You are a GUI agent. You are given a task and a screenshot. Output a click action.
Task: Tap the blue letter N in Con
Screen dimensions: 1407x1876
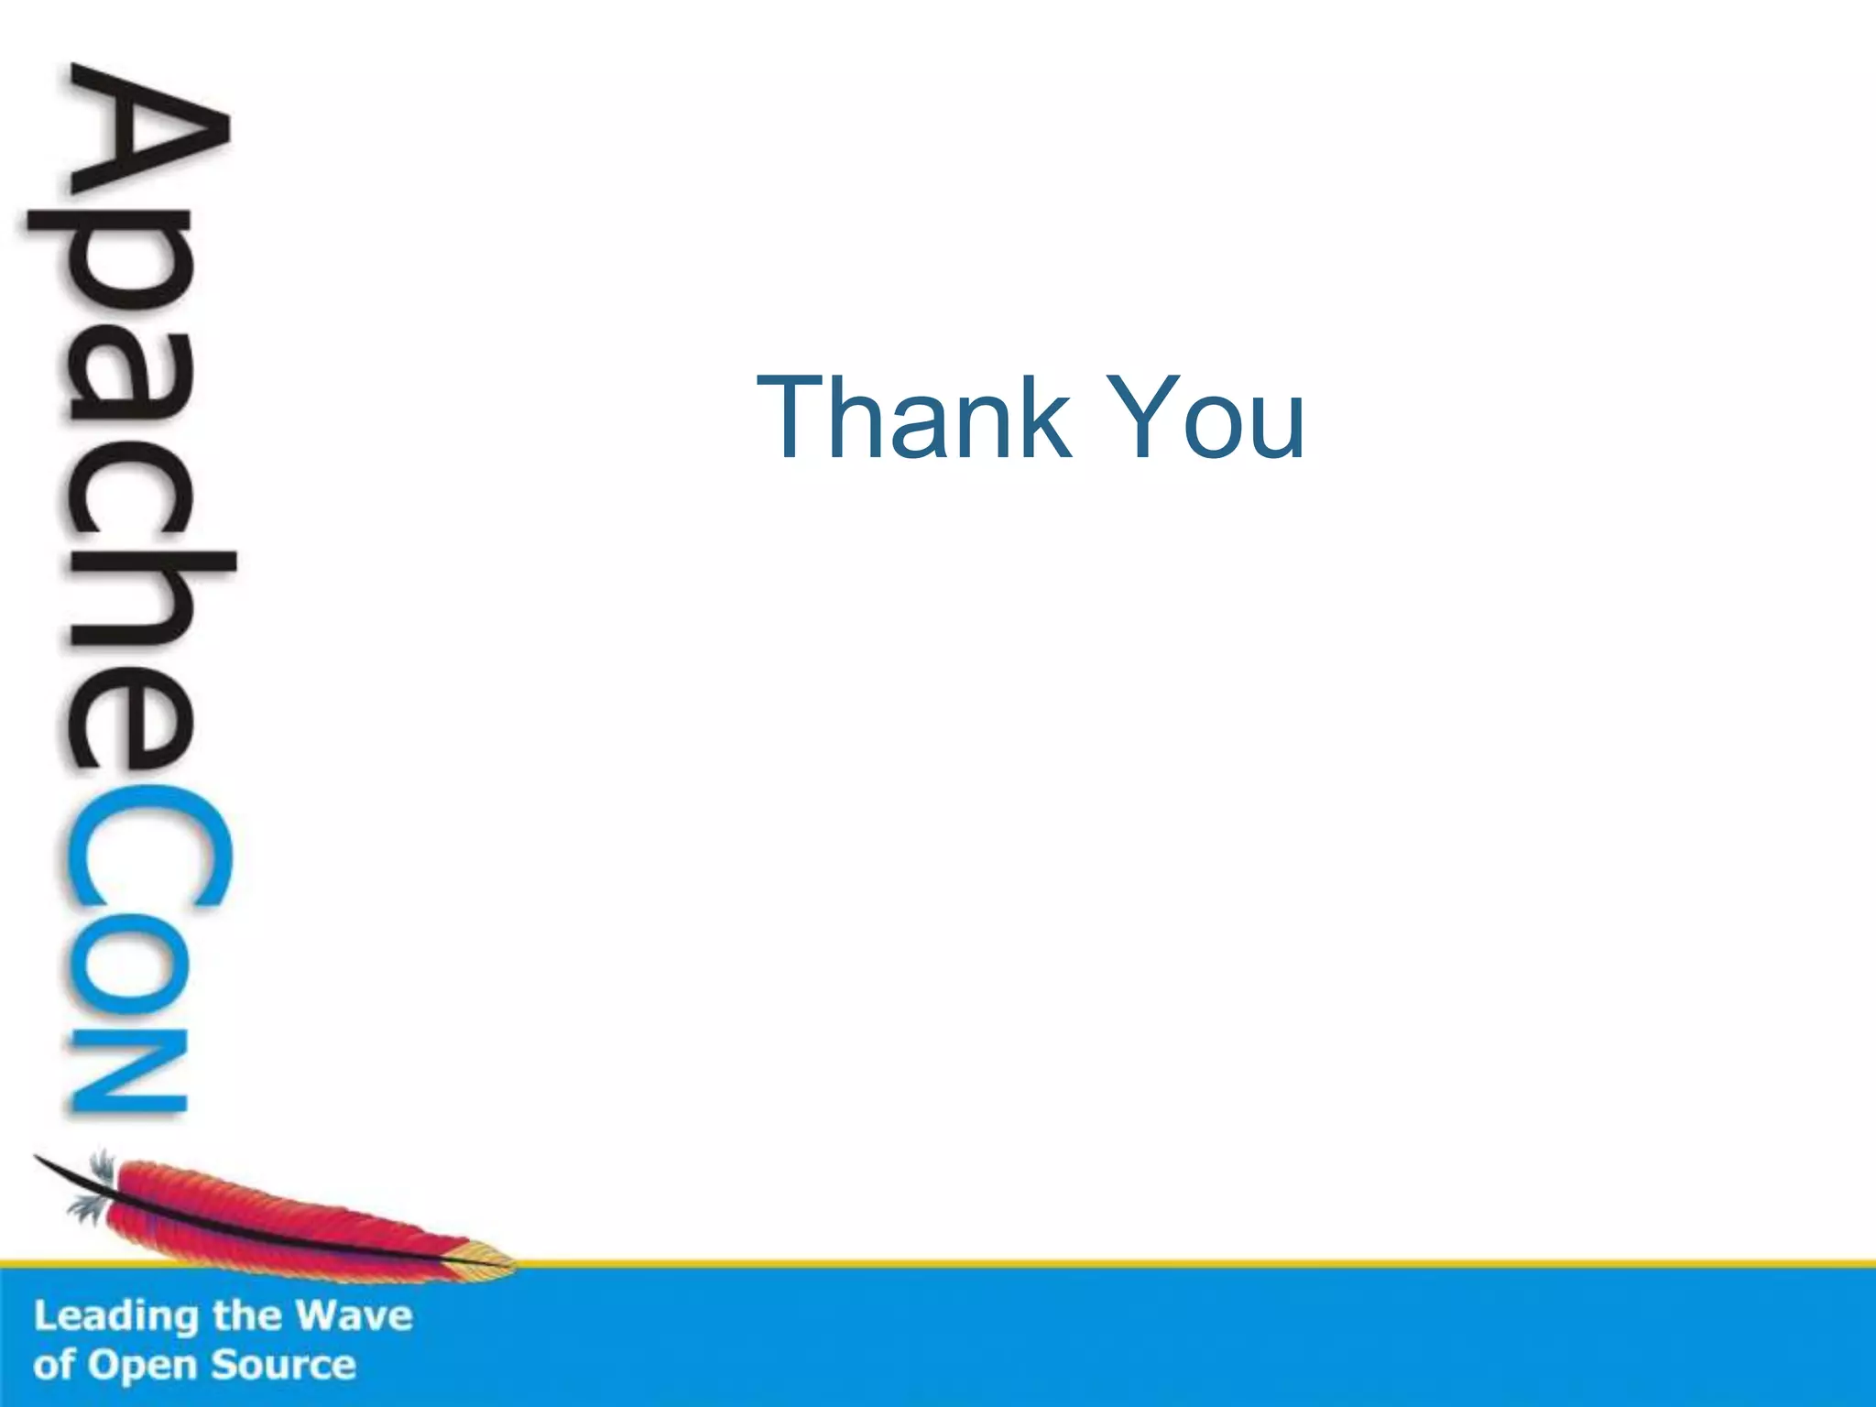(128, 1072)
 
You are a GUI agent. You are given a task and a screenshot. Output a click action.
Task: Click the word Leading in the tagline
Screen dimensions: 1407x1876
(116, 1317)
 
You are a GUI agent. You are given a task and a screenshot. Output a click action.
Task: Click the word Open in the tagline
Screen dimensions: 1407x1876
(141, 1366)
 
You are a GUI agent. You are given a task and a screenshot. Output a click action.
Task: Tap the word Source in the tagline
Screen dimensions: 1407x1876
(283, 1365)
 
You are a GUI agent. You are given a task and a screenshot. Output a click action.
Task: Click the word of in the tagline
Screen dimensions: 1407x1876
(54, 1365)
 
